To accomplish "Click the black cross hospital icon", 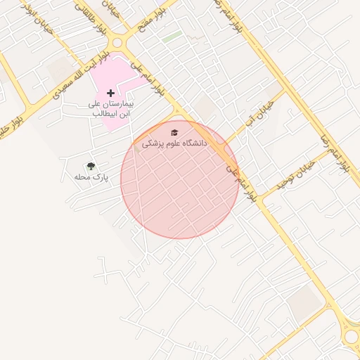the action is [110, 93].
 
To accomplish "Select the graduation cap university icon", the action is [174, 132].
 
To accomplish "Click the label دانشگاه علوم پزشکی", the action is [175, 143].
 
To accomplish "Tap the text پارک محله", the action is [92, 177].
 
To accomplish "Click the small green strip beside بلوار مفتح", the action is [172, 35].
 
